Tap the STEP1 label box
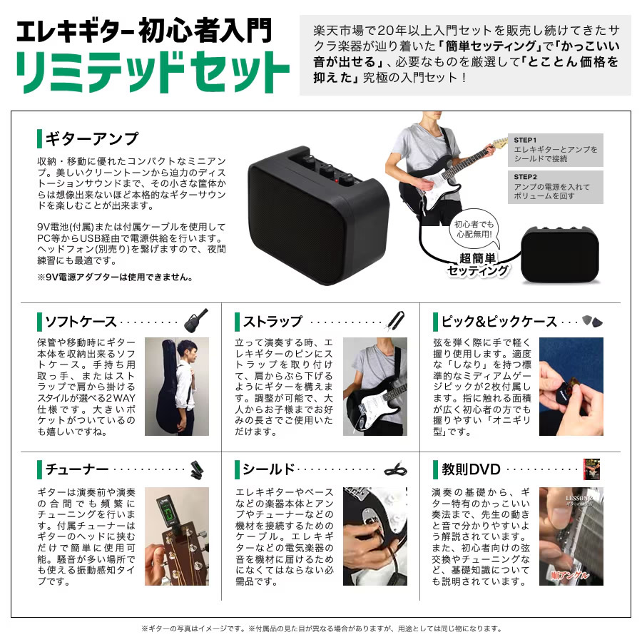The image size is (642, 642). coord(555,150)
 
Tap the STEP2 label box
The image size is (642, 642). coord(555,186)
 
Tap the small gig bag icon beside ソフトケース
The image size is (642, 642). coord(196,321)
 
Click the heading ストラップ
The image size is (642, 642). coord(272,321)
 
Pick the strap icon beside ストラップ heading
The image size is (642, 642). coord(396,321)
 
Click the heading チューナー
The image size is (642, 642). coord(76,469)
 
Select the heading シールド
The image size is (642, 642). coord(268,469)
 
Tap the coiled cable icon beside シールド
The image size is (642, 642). coord(395,469)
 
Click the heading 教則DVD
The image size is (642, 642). coord(471,469)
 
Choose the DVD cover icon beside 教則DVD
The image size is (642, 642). coord(591,469)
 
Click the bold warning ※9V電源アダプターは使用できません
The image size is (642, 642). coord(114,277)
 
